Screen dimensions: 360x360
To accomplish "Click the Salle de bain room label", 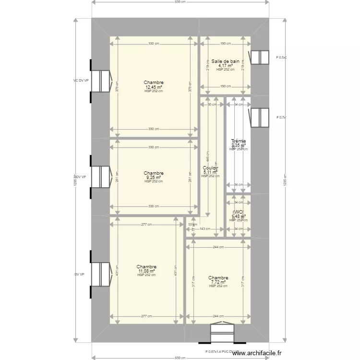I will point(225,61).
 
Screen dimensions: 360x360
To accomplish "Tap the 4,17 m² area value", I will point(225,66).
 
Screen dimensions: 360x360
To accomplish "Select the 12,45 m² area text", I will point(154,87).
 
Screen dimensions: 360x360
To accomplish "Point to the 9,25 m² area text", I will point(154,178).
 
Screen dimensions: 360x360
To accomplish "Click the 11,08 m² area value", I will point(146,271).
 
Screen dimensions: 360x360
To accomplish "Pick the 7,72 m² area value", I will point(218,282).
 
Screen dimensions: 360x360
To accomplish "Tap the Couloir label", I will point(211,168).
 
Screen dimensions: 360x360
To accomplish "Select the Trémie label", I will point(238,141).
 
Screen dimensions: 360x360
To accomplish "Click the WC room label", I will point(238,212).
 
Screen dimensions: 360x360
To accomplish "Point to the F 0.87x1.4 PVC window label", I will point(222,351).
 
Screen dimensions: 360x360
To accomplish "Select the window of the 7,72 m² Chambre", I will point(222,332).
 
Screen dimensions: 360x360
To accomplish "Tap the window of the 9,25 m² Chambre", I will point(102,177).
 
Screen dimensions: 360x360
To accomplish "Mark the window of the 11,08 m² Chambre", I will point(102,274).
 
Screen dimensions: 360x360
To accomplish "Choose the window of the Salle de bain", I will point(259,57).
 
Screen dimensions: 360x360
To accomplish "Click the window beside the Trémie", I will point(259,118).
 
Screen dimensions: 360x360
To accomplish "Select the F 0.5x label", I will point(281,57).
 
